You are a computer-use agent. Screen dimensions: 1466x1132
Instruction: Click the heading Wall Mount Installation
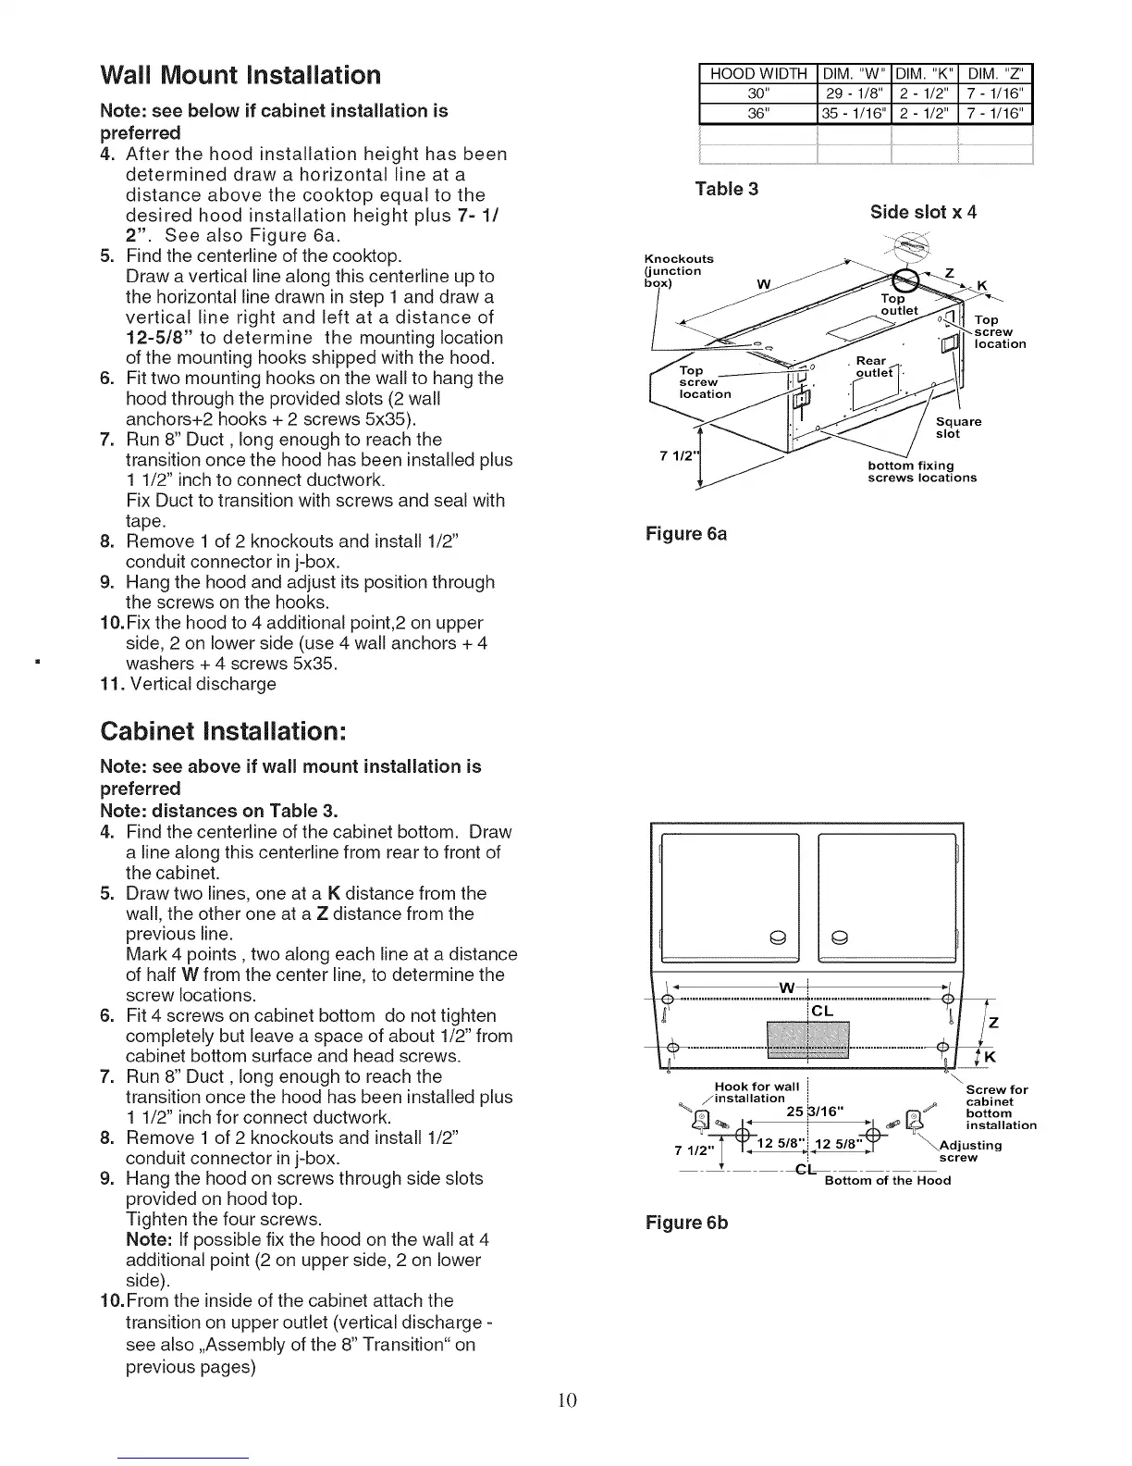coord(240,75)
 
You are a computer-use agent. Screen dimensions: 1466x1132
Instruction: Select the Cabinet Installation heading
coord(223,730)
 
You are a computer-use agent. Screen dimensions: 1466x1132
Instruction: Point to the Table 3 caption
coord(726,190)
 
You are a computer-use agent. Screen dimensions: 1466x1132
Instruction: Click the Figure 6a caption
coord(685,535)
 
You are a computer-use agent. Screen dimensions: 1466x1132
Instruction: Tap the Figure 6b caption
coord(686,1223)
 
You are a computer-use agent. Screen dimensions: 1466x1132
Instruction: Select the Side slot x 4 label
coord(923,213)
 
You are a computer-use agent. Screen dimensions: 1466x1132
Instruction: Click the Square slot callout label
coord(958,428)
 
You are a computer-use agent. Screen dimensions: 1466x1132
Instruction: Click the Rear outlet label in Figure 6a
coord(873,367)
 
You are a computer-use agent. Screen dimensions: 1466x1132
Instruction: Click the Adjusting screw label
coord(969,1151)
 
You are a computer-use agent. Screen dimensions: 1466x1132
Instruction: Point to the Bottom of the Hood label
coord(887,1180)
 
